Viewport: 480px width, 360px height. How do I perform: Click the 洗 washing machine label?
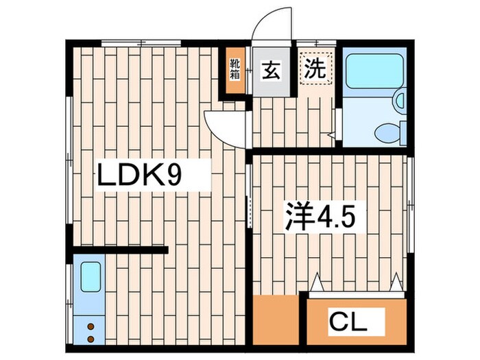(315, 69)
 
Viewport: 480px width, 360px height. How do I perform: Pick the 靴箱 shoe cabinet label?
(235, 69)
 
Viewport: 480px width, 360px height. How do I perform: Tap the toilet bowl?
(389, 130)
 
